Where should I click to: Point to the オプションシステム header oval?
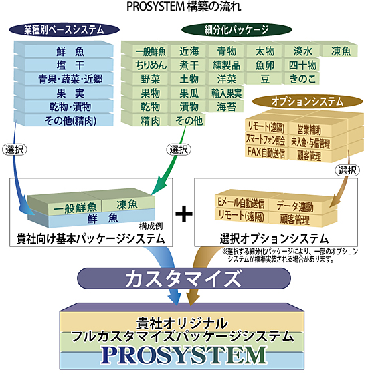[x=298, y=101]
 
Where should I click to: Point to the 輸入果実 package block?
[x=225, y=92]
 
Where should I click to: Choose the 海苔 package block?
[x=225, y=107]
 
